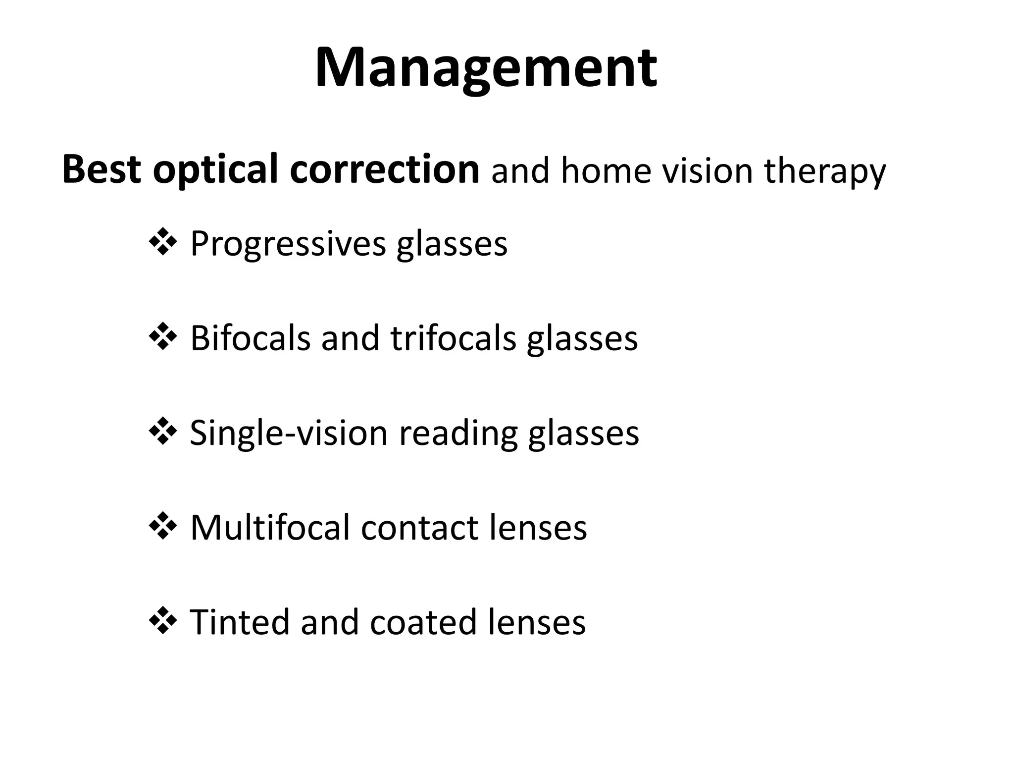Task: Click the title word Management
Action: click(486, 68)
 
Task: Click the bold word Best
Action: click(102, 169)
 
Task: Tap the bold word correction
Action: click(385, 169)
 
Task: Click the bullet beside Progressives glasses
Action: click(163, 243)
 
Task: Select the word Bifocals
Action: click(250, 338)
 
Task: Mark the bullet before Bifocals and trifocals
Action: click(163, 338)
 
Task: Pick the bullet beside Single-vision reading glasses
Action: click(163, 433)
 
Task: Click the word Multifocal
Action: click(270, 528)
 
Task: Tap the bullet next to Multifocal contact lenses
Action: click(163, 527)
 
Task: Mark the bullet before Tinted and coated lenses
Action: click(163, 622)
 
